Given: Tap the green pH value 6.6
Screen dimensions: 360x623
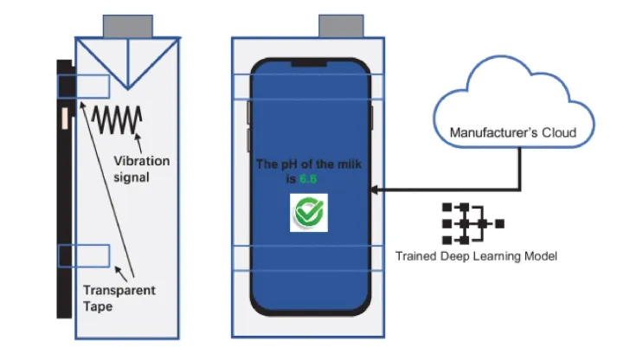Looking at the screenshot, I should point(308,178).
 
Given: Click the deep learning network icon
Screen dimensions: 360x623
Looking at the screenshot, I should point(471,223).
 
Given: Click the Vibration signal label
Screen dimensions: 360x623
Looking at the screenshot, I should point(141,169).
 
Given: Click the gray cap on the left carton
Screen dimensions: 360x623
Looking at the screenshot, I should point(127,26).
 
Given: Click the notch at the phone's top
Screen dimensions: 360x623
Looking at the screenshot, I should point(309,63).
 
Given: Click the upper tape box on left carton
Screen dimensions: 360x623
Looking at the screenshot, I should point(83,86).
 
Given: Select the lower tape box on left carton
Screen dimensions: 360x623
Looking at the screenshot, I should point(83,255).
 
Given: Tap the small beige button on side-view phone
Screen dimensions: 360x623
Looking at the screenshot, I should point(62,119).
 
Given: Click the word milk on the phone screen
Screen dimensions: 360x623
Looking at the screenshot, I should point(342,164).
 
